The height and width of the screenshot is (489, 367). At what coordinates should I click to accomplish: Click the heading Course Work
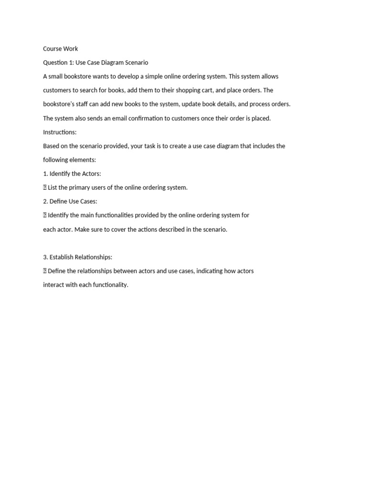pyautogui.click(x=60, y=49)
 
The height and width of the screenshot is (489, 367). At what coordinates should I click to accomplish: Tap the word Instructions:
pyautogui.click(x=60, y=132)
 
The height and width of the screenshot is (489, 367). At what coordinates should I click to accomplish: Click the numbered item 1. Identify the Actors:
pyautogui.click(x=72, y=174)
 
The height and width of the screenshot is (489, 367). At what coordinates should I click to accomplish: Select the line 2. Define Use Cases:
pyautogui.click(x=70, y=202)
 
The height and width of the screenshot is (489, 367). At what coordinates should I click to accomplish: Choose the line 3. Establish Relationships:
pyautogui.click(x=77, y=257)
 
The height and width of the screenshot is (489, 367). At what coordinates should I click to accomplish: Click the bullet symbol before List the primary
pyautogui.click(x=45, y=188)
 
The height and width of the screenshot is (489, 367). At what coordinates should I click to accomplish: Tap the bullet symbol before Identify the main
pyautogui.click(x=45, y=215)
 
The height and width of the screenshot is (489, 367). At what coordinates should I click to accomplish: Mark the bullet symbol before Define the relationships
pyautogui.click(x=45, y=271)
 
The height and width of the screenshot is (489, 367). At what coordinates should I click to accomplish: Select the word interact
pyautogui.click(x=54, y=285)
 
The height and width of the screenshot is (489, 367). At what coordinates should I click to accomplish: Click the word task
pyautogui.click(x=150, y=146)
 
